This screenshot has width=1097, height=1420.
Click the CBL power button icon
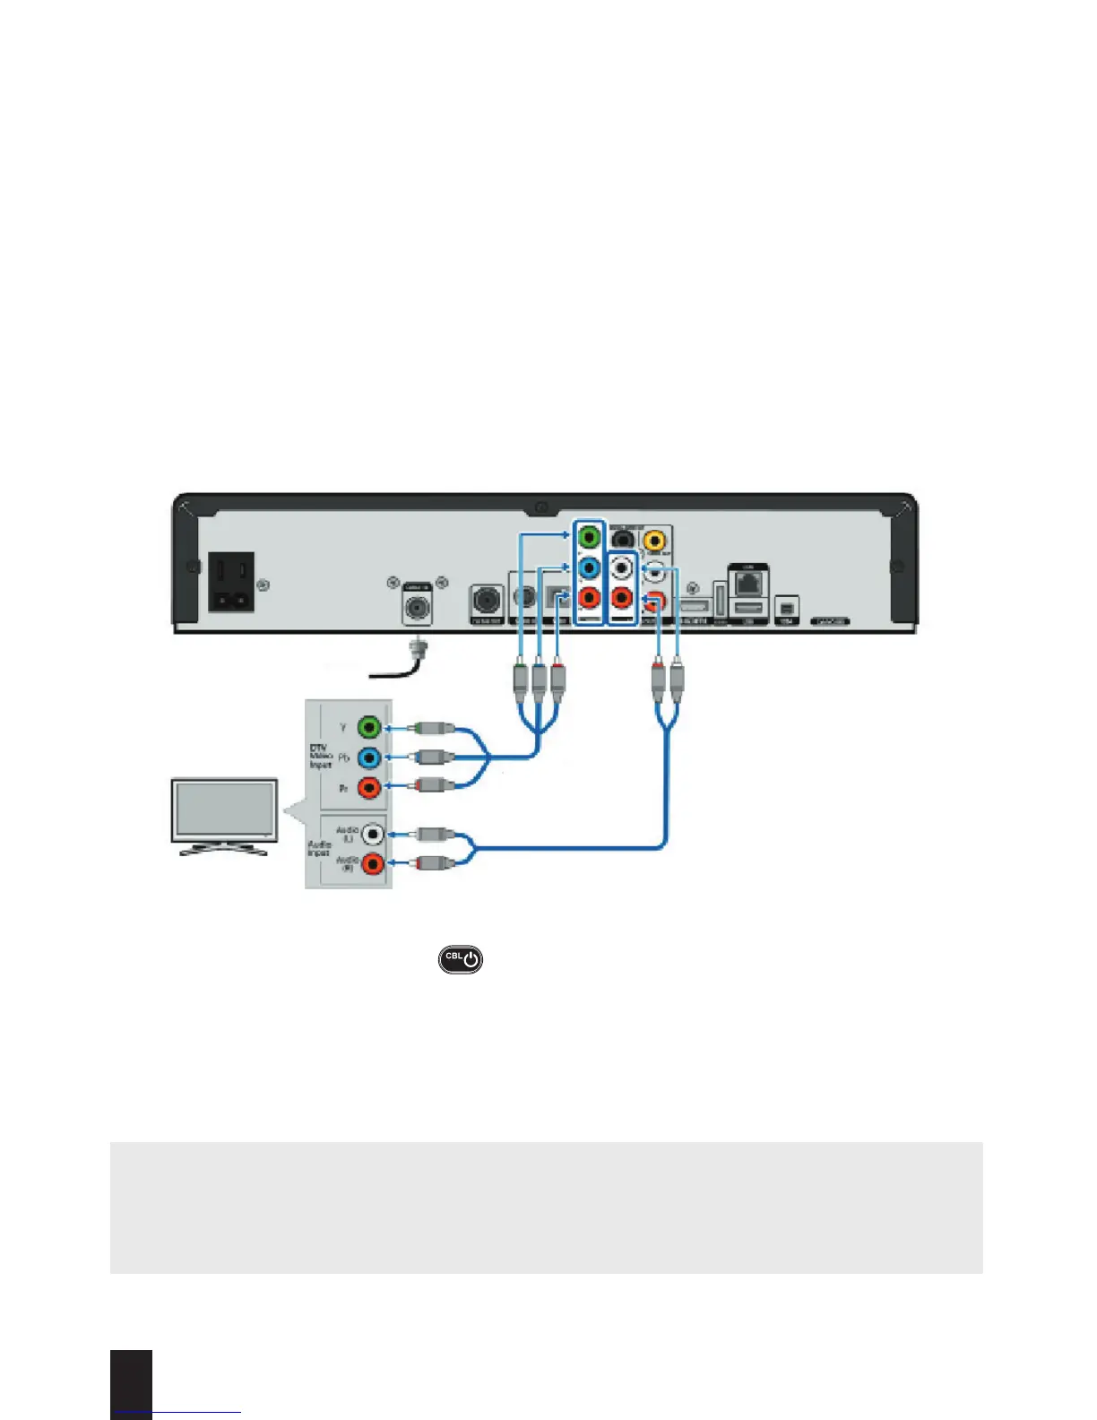click(x=460, y=958)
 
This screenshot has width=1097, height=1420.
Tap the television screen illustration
click(x=224, y=810)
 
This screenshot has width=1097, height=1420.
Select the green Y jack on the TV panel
click(x=369, y=727)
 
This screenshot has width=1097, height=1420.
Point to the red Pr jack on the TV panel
click(x=369, y=788)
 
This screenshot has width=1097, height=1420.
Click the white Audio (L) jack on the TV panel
click(x=372, y=835)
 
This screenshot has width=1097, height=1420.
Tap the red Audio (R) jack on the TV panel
click(x=372, y=864)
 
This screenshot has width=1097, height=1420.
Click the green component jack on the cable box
click(x=589, y=538)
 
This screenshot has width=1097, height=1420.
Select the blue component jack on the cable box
click(x=589, y=568)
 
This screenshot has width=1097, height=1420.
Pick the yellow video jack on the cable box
click(x=655, y=540)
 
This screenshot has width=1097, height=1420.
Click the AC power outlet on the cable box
click(x=230, y=581)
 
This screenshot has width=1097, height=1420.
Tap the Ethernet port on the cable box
click(x=747, y=583)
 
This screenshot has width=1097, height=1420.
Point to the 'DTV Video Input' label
click(x=320, y=757)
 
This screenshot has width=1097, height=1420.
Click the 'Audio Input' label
click(x=319, y=848)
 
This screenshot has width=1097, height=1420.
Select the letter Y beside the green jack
click(x=342, y=727)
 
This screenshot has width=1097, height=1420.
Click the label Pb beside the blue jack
click(x=342, y=758)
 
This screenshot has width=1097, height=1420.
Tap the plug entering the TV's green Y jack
click(x=429, y=728)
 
